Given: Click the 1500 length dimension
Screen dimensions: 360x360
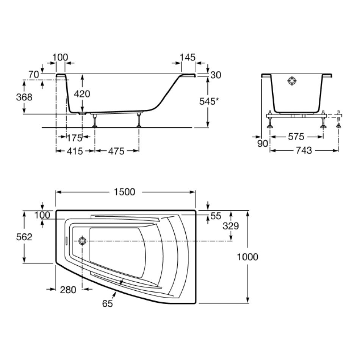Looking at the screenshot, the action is pos(125,192).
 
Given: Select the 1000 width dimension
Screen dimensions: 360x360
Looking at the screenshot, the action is pos(247,257).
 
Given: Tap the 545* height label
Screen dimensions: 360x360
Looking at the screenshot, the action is pos(207,101).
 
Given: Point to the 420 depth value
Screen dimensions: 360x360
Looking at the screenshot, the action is pos(82,94).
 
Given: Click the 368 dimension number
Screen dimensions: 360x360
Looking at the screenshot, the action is pos(24,97).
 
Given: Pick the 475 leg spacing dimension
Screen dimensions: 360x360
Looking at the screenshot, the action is pos(116,151).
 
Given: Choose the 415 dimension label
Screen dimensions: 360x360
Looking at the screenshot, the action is pos(75,151).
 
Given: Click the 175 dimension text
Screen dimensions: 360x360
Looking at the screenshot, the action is pos(74,138).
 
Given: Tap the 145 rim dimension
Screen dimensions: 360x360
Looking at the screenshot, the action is pos(188,57).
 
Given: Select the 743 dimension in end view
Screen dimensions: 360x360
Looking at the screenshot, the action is pos(304,150).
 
